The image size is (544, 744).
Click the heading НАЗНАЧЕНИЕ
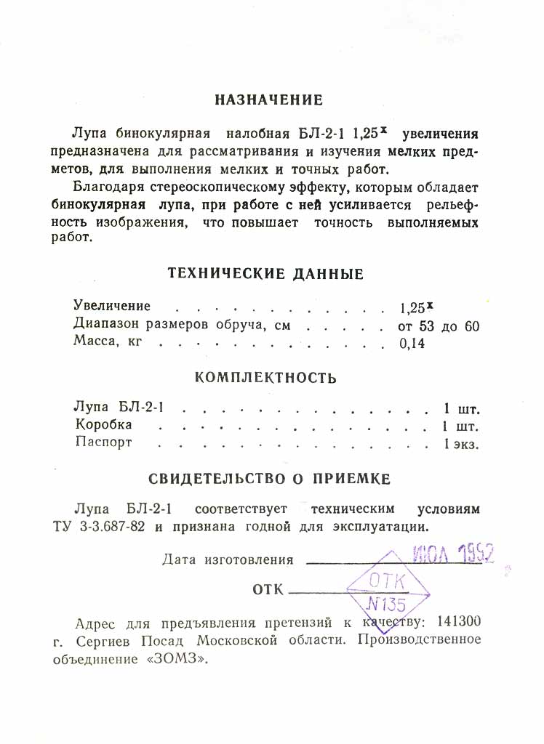tap(269, 100)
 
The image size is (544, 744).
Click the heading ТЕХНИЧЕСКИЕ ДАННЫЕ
tap(265, 274)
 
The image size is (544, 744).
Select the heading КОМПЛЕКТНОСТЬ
tap(266, 378)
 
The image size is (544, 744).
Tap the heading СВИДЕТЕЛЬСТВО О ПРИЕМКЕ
tap(270, 480)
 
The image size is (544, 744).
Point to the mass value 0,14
tap(412, 344)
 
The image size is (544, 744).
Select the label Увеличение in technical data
tap(112, 307)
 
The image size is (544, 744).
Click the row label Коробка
tap(104, 424)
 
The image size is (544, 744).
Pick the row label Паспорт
tap(104, 442)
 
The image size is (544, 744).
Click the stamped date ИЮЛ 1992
tap(452, 556)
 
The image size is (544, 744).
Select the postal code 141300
tap(457, 623)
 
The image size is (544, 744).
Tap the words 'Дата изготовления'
tap(228, 559)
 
